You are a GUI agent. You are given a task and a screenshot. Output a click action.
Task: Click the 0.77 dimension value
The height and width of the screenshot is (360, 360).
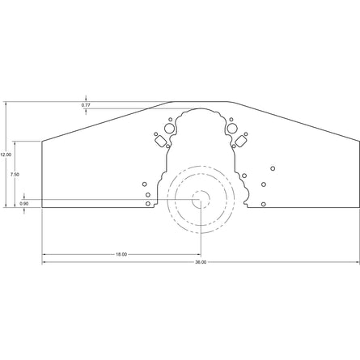(86, 105)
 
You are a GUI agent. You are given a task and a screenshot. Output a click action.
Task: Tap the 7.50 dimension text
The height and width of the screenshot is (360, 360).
(15, 174)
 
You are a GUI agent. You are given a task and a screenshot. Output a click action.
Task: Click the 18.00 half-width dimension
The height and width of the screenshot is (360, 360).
(121, 254)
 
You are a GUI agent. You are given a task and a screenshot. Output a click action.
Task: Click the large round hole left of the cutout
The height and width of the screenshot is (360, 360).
(168, 127)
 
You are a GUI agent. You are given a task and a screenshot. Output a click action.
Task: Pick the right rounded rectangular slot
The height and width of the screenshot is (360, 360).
(241, 142)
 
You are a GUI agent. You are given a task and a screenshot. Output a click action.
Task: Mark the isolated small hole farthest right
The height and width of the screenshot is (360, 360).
(273, 168)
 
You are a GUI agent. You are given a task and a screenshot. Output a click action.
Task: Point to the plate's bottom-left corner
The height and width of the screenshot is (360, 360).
(42, 208)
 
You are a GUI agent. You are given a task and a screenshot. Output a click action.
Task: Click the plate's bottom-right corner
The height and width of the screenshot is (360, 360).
(359, 208)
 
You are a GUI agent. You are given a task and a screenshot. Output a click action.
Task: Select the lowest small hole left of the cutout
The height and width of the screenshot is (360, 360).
(147, 204)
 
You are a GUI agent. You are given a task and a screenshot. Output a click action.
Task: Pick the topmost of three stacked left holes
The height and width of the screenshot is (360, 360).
(146, 184)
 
